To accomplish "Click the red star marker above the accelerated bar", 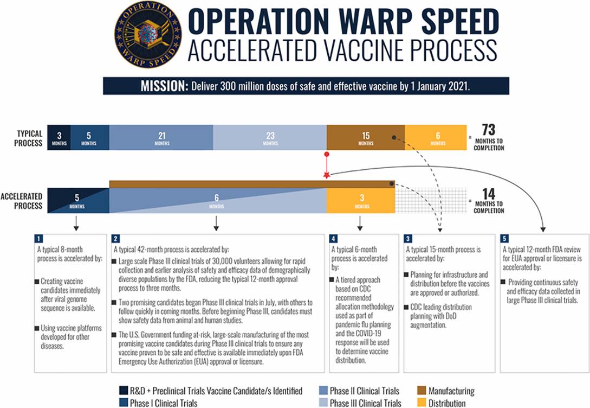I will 327,175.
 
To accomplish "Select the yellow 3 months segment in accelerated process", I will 361,201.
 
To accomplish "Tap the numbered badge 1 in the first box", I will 38,239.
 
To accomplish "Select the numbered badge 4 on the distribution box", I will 334,239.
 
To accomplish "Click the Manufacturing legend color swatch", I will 422,391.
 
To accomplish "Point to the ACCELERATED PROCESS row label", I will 22,202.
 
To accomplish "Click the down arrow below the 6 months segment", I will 217,223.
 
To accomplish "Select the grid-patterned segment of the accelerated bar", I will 430,201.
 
